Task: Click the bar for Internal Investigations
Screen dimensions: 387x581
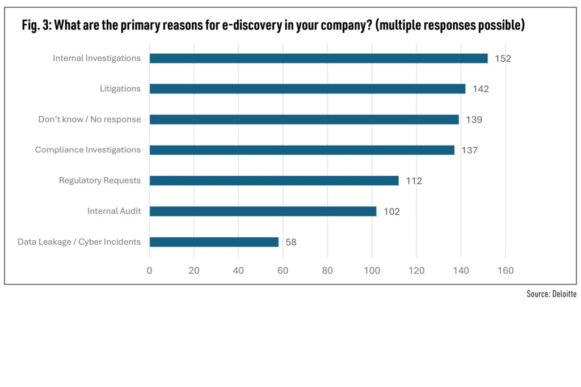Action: [318, 58]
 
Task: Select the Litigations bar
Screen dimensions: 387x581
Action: [307, 89]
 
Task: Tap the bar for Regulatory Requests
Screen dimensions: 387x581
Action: [274, 181]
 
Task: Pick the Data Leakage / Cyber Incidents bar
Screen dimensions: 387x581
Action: [214, 242]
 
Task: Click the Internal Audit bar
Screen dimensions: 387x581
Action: [263, 211]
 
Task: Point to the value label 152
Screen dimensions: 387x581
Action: [503, 58]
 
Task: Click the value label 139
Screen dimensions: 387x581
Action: [474, 120]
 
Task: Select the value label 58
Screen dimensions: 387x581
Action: [291, 242]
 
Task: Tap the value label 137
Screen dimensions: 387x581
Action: [469, 150]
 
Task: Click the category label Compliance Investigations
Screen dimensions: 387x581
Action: [87, 150]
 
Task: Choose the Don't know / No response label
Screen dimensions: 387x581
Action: [89, 120]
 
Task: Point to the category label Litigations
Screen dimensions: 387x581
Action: [120, 89]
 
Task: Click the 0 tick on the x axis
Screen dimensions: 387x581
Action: [149, 271]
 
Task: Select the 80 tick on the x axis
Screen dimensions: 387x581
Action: [327, 271]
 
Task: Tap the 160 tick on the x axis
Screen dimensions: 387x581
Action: [505, 271]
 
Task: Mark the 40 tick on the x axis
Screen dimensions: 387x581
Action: [238, 271]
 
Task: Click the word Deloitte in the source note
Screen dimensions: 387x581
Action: [564, 294]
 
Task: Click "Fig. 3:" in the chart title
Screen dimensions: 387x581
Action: [35, 25]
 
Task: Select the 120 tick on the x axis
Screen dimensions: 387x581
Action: [416, 271]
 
